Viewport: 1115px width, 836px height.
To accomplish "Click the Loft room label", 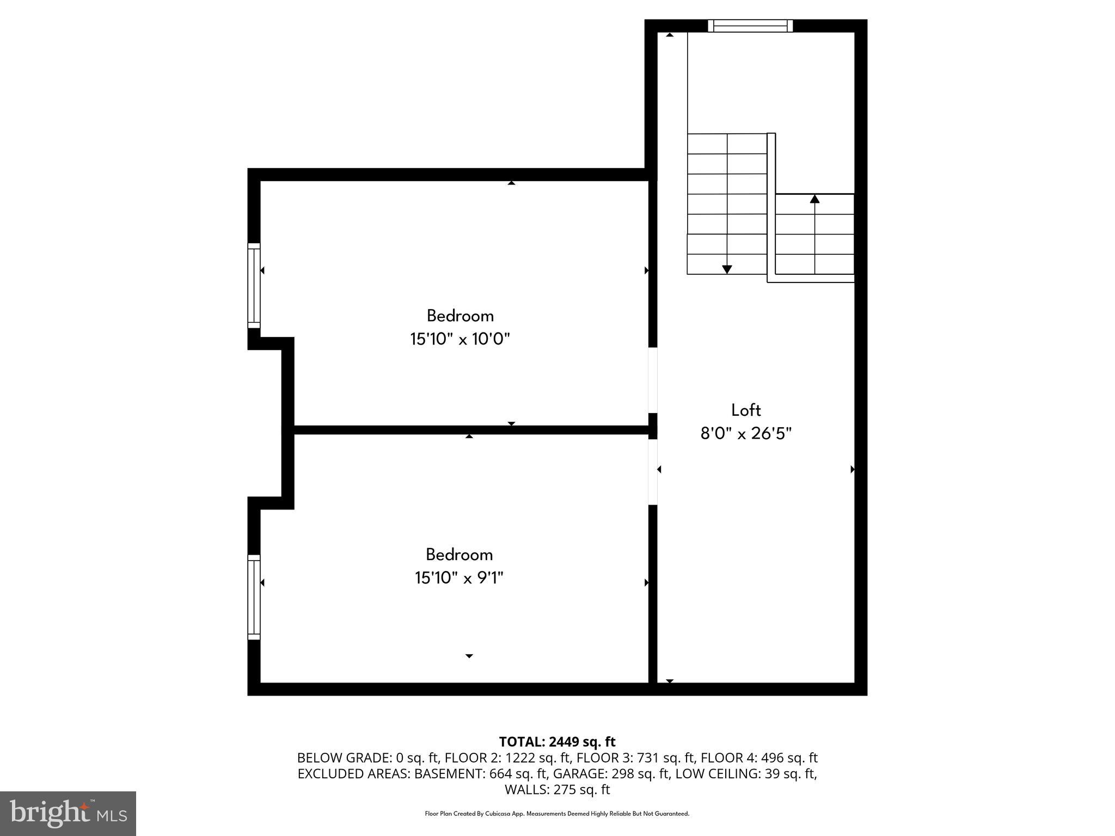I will [745, 410].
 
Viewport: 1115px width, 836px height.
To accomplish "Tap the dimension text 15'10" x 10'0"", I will [460, 340].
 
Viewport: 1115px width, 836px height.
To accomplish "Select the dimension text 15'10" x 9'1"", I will [459, 578].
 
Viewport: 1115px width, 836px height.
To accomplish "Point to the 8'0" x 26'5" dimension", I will [745, 434].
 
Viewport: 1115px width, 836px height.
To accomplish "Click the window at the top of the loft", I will [750, 26].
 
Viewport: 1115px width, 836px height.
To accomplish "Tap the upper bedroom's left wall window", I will [254, 286].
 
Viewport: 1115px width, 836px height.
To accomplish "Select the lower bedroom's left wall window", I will [254, 597].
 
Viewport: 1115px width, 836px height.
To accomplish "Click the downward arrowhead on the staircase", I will [727, 269].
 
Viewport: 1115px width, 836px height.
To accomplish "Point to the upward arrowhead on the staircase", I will [814, 199].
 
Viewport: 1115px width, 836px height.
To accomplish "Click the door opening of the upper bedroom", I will [653, 380].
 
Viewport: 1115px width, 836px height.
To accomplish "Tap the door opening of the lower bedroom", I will [653, 472].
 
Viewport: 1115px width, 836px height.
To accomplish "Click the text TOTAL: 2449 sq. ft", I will [557, 742].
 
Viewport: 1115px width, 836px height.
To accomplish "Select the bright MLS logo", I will [68, 813].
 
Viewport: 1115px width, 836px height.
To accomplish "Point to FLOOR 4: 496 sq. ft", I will [759, 758].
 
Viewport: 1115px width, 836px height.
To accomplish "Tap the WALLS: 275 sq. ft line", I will [557, 790].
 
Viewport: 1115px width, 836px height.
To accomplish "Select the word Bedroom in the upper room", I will [460, 316].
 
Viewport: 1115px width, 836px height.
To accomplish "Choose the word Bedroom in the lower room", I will [459, 555].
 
